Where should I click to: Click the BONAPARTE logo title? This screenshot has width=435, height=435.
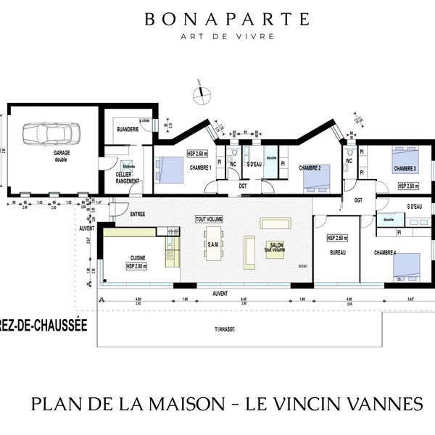point(227,19)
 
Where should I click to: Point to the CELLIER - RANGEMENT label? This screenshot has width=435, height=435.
point(128,178)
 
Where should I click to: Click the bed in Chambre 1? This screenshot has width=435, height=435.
point(171,169)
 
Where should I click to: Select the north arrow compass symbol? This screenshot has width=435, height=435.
point(201,92)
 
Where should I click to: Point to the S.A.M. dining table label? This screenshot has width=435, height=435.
point(213,245)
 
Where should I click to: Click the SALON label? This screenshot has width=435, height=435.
point(276,246)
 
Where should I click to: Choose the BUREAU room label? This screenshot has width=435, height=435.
point(337,252)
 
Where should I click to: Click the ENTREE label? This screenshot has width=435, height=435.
point(138,214)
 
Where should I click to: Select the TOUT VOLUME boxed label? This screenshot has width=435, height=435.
point(209,218)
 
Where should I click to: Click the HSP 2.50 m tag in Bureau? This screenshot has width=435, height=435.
point(337,238)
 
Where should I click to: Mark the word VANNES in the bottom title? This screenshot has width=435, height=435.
point(375,401)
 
